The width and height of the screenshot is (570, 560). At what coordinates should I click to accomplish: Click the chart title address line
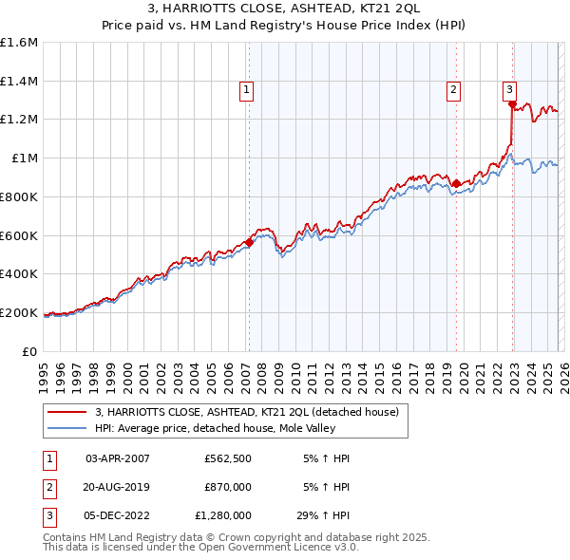tap(285, 10)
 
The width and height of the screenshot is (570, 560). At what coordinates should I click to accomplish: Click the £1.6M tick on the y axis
tap(19, 43)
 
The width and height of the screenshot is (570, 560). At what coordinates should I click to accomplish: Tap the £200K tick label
tap(19, 312)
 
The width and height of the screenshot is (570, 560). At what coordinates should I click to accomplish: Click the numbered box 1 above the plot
tap(246, 90)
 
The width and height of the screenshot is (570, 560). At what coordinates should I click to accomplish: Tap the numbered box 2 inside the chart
tap(454, 90)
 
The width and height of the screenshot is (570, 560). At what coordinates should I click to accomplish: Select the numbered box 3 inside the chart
tap(509, 90)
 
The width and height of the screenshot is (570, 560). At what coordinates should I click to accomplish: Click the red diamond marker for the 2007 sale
tap(249, 242)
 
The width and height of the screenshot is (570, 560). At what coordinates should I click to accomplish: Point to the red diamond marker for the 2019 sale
tap(457, 183)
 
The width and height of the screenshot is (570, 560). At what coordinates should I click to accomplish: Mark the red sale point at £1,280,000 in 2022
tap(512, 104)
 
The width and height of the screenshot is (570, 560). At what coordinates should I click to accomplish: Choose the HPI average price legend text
tap(224, 429)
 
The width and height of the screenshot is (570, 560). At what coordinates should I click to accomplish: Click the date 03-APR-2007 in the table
tap(118, 458)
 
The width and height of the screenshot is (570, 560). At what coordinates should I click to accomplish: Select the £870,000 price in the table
tap(228, 487)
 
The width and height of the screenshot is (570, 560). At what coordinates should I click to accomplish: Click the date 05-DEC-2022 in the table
tap(118, 515)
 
